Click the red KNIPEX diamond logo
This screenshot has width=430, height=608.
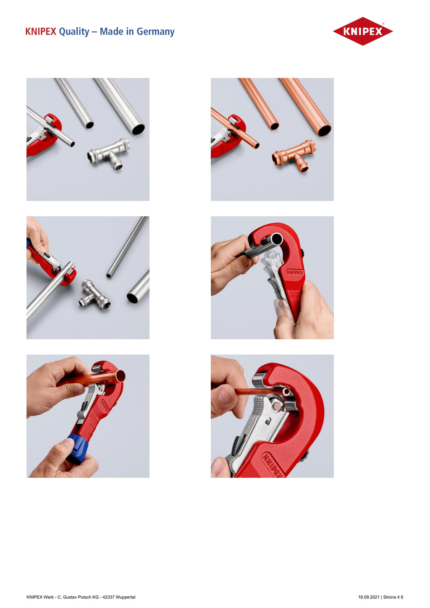point(362,31)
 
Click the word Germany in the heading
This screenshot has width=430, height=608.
point(155,31)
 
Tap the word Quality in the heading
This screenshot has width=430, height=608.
point(74,32)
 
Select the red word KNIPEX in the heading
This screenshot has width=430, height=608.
point(41,31)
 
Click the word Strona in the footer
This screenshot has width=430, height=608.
point(390,597)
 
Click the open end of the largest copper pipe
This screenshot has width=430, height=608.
point(324,131)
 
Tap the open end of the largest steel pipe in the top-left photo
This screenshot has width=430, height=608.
point(138,129)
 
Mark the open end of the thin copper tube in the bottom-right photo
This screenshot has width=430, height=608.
point(286,392)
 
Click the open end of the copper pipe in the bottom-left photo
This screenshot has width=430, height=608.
point(120,377)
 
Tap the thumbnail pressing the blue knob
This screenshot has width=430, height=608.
point(67,443)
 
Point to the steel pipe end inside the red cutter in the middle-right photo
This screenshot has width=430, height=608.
point(276,239)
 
